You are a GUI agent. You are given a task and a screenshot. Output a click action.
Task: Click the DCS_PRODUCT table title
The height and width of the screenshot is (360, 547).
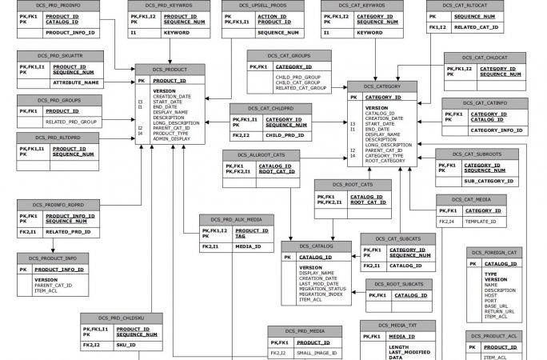pyautogui.click(x=164, y=69)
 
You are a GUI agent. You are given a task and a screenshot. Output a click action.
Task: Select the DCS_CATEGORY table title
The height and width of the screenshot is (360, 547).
pyautogui.click(x=381, y=85)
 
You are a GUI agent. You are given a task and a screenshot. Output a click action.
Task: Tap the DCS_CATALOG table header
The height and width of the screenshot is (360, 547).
pyautogui.click(x=315, y=246)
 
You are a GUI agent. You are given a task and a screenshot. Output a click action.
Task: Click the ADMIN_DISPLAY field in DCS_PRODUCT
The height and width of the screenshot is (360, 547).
pyautogui.click(x=172, y=138)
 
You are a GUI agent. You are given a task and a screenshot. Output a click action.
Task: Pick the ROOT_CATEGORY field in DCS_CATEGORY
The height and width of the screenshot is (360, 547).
pyautogui.click(x=385, y=160)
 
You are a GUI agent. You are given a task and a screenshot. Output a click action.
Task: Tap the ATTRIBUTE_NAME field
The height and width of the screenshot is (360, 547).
pyautogui.click(x=77, y=82)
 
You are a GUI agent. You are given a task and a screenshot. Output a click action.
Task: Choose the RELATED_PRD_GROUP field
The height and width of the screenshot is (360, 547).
pyautogui.click(x=70, y=122)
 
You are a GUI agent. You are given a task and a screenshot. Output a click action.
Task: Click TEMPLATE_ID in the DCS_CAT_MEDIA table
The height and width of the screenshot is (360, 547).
pyautogui.click(x=481, y=221)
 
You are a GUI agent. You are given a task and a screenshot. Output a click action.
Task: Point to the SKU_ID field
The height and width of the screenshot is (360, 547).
pyautogui.click(x=126, y=345)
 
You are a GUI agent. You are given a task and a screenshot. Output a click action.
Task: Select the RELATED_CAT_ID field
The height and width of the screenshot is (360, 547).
pyautogui.click(x=477, y=27)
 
